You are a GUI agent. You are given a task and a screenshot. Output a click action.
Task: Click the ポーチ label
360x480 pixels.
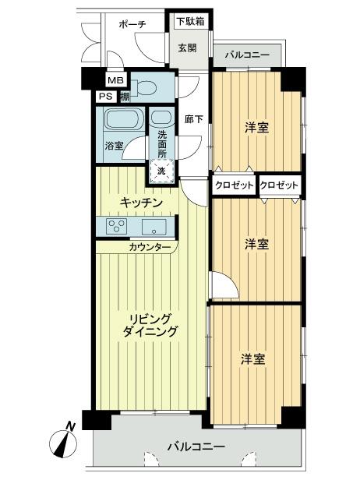[132, 24]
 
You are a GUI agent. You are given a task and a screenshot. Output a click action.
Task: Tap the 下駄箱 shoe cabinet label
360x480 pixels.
[189, 21]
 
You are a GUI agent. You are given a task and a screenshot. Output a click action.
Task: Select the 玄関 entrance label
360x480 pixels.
[187, 48]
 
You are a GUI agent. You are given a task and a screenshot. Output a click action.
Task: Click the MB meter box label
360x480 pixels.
[115, 81]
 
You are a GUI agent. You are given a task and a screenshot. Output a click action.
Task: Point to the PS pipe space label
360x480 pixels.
[104, 97]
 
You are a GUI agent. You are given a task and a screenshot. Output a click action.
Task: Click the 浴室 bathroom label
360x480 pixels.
[114, 146]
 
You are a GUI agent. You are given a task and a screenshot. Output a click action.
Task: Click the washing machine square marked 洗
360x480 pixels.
[161, 170]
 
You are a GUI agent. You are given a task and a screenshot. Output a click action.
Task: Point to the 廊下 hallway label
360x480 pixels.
[194, 120]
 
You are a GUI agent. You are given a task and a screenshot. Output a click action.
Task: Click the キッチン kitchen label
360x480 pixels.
[141, 203]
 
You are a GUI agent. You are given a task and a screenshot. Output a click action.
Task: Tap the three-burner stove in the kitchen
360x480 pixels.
[118, 226]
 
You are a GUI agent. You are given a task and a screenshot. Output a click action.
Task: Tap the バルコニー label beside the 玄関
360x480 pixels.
[248, 56]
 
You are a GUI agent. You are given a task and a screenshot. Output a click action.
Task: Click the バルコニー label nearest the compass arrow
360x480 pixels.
[196, 447]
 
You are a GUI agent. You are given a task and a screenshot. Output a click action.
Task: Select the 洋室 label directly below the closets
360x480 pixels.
[257, 244]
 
